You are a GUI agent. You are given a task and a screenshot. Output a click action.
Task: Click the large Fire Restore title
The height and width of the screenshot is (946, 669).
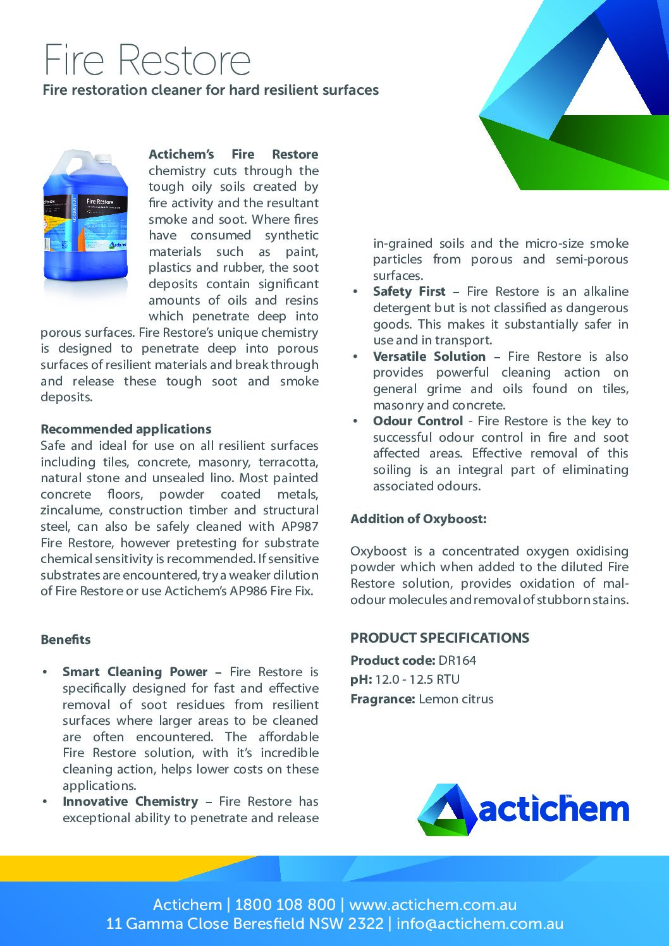147,60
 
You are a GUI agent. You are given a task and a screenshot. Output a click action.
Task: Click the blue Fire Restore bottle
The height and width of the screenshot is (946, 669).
85,221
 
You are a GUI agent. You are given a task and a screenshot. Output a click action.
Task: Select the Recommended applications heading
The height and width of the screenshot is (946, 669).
126,429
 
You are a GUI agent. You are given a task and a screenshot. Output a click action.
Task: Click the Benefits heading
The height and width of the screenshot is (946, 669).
66,640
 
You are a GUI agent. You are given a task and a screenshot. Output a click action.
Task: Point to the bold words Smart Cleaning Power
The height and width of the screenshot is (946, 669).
135,672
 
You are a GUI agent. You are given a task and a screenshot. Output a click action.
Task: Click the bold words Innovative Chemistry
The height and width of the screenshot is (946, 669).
130,801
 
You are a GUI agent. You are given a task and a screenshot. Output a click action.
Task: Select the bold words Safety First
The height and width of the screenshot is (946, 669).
409,291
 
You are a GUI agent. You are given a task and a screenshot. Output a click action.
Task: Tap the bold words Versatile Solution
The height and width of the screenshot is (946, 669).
429,356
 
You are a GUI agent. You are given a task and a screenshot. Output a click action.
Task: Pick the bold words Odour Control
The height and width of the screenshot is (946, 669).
417,421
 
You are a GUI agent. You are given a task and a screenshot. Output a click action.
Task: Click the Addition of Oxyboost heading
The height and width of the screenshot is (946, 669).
419,519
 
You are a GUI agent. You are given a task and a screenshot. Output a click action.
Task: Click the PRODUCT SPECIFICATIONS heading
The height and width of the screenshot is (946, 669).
439,638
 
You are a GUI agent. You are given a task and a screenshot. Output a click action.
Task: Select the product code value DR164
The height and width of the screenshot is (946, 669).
457,660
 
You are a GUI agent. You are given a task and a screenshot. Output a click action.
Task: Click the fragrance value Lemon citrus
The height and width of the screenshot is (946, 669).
456,699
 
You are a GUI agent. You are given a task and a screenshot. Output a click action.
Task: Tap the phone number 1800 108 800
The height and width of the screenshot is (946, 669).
285,904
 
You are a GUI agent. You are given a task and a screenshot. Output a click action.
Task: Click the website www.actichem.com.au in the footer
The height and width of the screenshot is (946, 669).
433,904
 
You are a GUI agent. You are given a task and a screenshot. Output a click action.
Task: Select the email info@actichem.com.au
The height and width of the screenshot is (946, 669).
480,923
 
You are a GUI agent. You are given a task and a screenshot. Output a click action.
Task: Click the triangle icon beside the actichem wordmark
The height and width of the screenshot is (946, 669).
446,810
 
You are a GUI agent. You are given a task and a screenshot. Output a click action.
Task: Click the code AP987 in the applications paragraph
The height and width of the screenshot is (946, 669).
300,526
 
